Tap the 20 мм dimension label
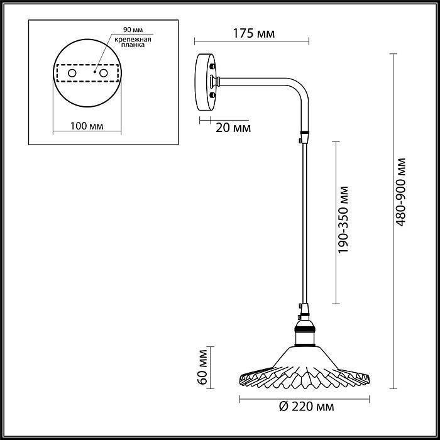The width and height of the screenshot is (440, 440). point(233,128)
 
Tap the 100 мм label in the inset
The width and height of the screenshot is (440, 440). point(87,126)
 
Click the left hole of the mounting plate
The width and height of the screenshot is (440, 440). point(72,74)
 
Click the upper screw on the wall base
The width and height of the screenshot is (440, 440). point(214,66)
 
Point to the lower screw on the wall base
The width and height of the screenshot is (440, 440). point(214,95)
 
